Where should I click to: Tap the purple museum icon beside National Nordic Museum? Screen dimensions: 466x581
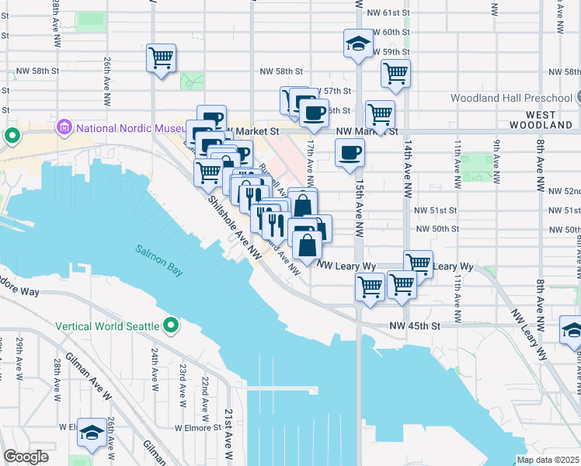tap(64, 126)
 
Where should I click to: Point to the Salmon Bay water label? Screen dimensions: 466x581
tap(159, 261)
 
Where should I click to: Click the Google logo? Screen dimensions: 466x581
tap(26, 457)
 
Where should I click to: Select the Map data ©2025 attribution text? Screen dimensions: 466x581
tap(547, 460)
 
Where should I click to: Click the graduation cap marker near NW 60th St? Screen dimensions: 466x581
tap(358, 42)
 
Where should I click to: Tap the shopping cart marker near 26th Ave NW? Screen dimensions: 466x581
tap(161, 57)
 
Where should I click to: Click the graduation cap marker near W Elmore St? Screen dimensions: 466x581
tap(92, 436)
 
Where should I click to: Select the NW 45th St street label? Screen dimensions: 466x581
tap(415, 326)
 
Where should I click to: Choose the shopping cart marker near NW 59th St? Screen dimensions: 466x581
tap(395, 73)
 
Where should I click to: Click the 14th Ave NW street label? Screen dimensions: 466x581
tap(406, 159)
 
